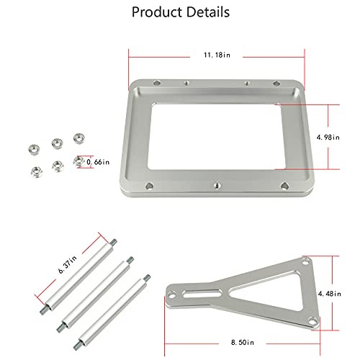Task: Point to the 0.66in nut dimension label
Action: click(98, 162)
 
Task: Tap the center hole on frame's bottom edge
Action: click(216, 186)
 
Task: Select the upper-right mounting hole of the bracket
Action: click(306, 264)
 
